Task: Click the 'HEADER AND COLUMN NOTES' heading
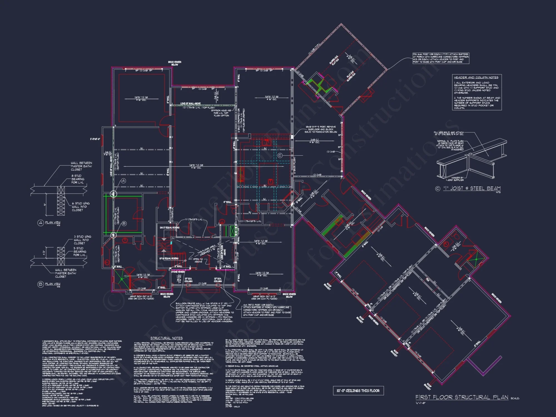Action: point(476,77)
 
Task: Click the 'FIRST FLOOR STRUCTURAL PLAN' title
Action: point(462,397)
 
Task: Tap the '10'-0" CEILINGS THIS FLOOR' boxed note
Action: point(358,391)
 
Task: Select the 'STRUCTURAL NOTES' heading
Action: point(167,338)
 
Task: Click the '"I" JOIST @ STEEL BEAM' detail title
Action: point(471,188)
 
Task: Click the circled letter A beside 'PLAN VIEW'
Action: point(41,223)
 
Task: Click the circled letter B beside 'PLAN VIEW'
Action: point(41,284)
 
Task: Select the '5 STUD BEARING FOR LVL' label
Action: point(80,252)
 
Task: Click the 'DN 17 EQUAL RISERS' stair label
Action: point(170,228)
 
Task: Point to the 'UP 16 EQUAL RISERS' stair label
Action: point(169,259)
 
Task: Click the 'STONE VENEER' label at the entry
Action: point(178,272)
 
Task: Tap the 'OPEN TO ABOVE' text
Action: point(198,260)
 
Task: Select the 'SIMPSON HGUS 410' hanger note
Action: point(221,113)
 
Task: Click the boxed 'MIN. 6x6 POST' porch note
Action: point(441,58)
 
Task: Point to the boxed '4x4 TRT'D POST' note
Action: point(267,310)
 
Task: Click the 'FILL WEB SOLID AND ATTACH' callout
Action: point(448,133)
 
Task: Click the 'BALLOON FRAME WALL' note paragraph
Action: point(205,312)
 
